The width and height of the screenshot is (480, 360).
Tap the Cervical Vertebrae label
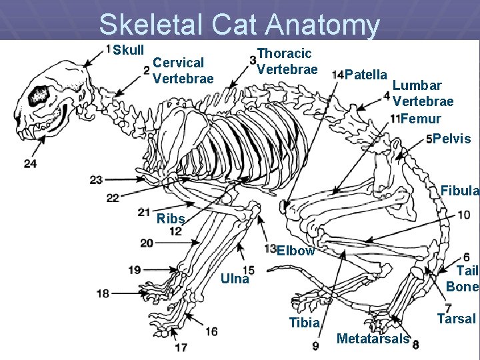point(183,71)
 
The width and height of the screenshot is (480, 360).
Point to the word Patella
point(367,74)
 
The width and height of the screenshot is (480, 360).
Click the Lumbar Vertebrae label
point(423,93)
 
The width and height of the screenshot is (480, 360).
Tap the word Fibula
point(459,191)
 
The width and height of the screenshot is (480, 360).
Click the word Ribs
point(170,219)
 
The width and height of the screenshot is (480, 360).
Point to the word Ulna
point(235,279)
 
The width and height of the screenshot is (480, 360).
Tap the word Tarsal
point(456,319)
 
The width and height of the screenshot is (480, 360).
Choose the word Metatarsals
point(373,339)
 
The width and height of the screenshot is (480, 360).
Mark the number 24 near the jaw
point(30,163)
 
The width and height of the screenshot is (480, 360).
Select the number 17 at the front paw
point(181,347)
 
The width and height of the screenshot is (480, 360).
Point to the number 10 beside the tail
point(463,215)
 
